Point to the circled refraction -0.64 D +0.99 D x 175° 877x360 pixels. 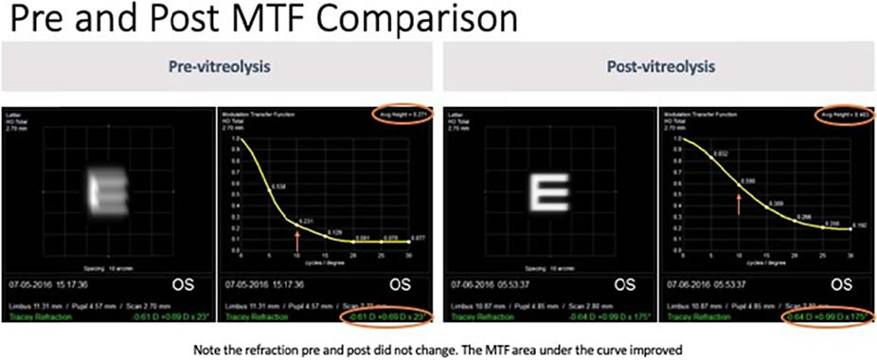click(822, 315)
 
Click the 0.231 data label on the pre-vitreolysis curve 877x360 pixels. click(305, 221)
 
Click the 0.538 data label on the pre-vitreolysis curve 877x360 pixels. click(279, 186)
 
